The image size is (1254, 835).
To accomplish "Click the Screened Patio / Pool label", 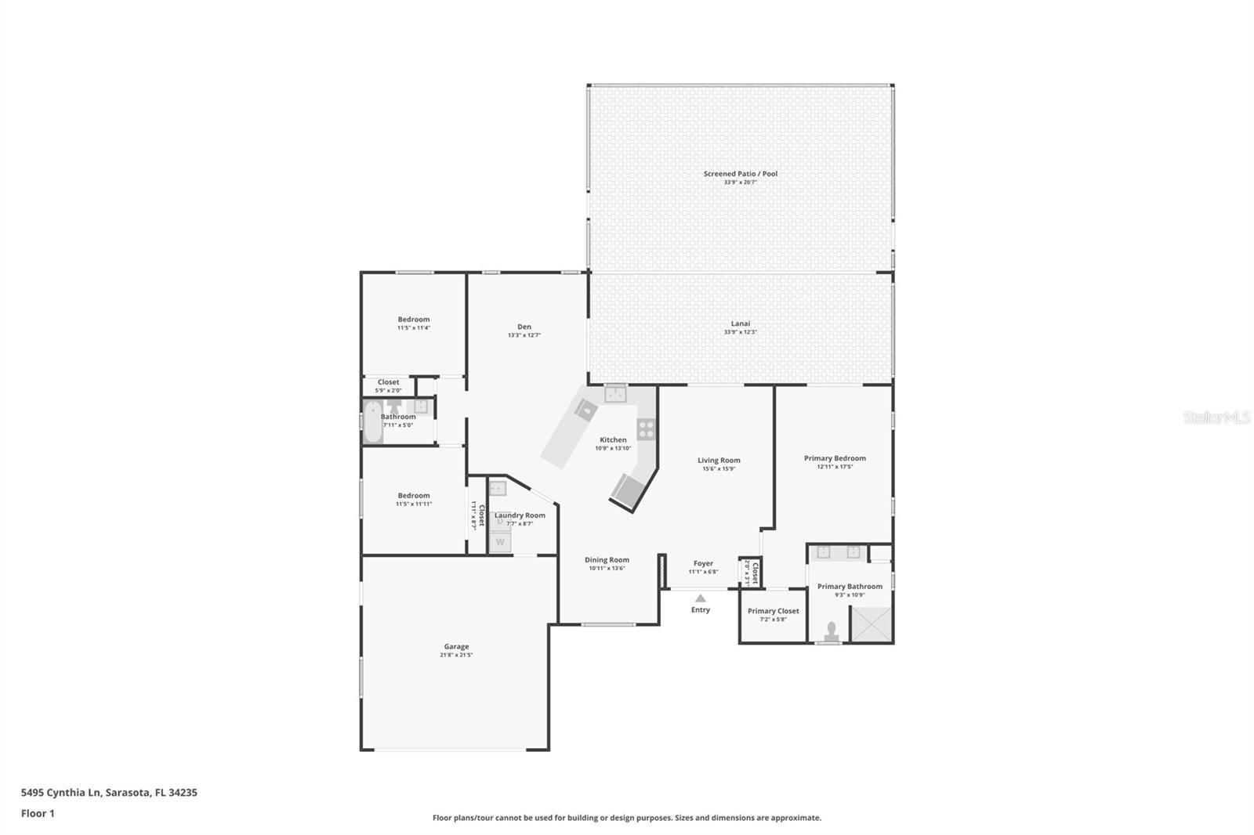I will (740, 174).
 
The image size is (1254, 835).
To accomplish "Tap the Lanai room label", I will (740, 324).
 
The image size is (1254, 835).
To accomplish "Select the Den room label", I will (524, 327).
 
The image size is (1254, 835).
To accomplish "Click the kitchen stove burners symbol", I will (646, 428).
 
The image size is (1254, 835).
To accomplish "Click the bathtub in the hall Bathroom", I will (372, 422).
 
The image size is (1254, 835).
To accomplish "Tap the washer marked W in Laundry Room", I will (500, 541).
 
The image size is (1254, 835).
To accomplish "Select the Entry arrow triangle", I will (701, 598).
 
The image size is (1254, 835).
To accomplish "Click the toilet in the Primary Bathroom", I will (831, 631).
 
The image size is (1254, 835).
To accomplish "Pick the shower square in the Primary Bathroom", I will (871, 624).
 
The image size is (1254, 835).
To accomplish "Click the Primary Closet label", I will (773, 611).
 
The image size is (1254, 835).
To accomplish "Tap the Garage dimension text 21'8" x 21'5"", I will (456, 655).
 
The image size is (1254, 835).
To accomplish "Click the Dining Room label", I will (607, 560).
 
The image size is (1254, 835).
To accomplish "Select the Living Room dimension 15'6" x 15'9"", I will (719, 469).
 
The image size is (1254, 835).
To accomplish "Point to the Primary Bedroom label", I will (835, 458).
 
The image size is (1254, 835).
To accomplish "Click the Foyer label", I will (703, 563).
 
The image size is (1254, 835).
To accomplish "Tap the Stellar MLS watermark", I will (1216, 418).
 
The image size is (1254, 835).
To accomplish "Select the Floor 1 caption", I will (38, 813).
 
